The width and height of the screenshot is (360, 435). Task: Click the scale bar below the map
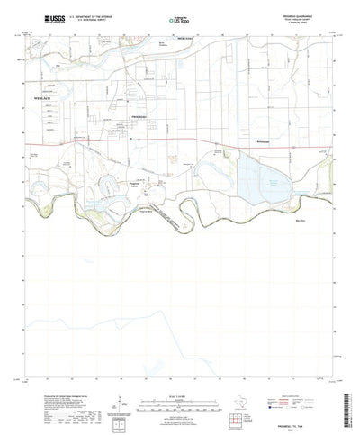pyautogui.click(x=180, y=393)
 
